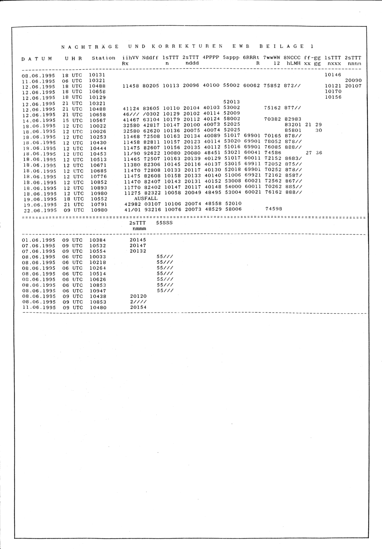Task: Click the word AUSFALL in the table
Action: tap(146, 199)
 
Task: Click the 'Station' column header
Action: tap(104, 58)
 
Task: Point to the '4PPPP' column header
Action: tap(211, 58)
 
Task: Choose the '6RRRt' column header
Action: tap(251, 58)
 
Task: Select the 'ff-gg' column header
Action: tap(312, 58)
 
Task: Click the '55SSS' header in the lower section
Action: tap(165, 223)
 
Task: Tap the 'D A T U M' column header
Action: tap(37, 59)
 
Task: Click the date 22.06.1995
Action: tap(40, 210)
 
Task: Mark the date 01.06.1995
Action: tap(39, 240)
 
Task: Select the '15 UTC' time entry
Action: tap(72, 120)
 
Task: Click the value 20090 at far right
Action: tap(353, 81)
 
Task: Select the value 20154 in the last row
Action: tap(138, 308)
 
